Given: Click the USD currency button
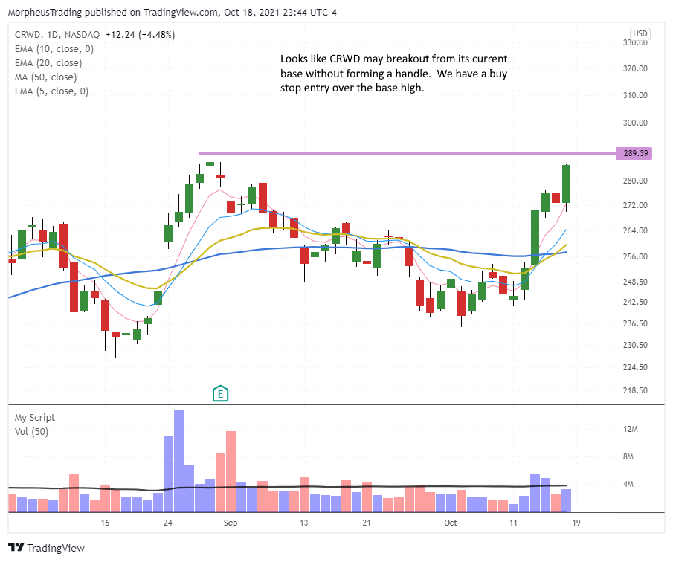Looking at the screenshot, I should pos(640,33).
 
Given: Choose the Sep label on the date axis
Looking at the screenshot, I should pos(231,523).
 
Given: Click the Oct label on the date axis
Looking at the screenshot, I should pos(451,523).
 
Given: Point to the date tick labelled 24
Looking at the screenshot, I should pos(168,523).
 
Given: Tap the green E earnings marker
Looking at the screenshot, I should pos(220,393).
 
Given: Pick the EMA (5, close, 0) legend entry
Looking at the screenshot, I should pos(51,91).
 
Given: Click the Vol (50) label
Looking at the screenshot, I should pos(32,431).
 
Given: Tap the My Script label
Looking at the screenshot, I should pos(35,418).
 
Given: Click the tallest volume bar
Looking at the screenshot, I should pos(178,461).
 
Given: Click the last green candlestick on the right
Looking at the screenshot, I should pos(567,184).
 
